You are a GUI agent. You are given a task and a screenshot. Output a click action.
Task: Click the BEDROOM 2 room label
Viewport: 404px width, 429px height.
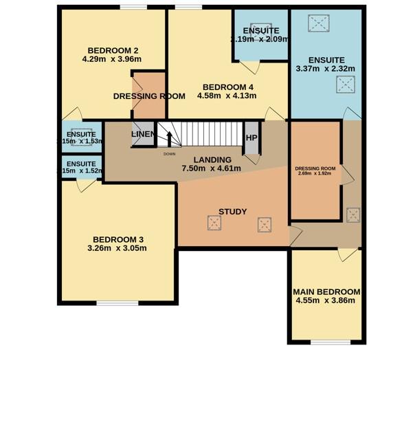[113, 50]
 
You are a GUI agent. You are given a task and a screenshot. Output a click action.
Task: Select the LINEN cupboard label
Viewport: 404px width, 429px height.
[143, 133]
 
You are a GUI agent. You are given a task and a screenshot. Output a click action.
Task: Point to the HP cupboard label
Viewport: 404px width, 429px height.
[251, 137]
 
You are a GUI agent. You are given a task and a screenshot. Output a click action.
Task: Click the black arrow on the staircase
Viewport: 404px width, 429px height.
[168, 137]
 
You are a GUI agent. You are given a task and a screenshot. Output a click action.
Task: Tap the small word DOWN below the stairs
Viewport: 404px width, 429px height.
[170, 154]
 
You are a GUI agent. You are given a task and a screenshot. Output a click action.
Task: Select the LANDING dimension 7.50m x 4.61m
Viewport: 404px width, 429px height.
[211, 168]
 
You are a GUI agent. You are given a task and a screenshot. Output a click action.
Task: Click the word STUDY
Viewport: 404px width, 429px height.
[232, 212]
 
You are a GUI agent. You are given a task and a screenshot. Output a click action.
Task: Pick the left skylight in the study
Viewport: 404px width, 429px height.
[214, 222]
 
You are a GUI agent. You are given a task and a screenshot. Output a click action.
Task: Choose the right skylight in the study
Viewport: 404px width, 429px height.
[265, 224]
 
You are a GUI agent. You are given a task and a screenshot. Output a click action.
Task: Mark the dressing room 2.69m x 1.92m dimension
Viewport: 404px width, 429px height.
[315, 173]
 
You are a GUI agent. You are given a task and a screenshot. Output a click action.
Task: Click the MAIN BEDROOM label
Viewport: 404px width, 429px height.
[326, 291]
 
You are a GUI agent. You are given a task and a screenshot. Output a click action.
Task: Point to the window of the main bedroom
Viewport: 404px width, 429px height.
[326, 342]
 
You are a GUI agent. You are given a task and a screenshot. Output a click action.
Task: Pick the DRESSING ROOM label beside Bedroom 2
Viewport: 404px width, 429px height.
[149, 96]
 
